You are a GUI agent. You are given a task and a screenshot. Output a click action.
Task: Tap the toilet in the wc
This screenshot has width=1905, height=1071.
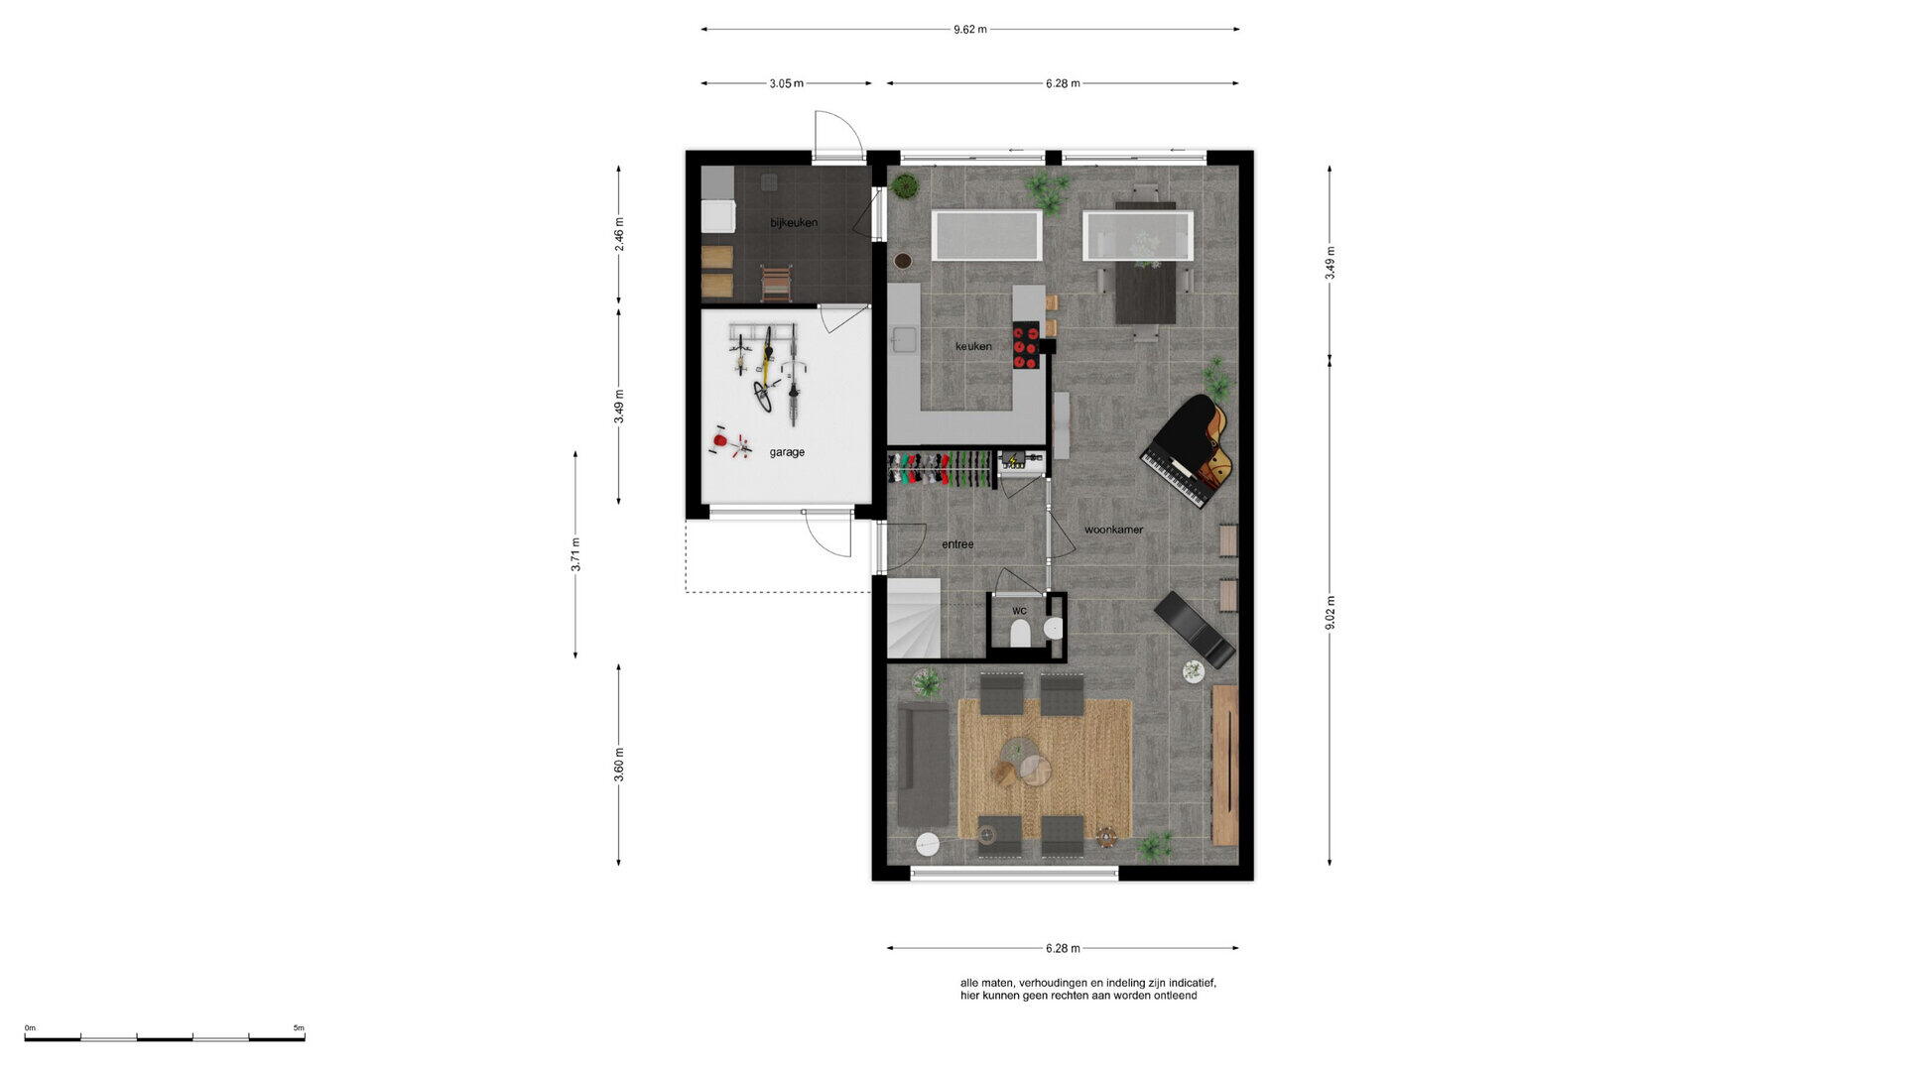point(1019,634)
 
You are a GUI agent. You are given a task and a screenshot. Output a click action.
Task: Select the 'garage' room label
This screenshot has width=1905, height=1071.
point(787,452)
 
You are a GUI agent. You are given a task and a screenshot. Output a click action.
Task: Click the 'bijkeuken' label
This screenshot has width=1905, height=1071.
point(794,223)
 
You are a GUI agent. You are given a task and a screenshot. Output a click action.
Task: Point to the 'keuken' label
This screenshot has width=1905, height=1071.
point(973,346)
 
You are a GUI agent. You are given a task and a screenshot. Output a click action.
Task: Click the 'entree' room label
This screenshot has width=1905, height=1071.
point(957,544)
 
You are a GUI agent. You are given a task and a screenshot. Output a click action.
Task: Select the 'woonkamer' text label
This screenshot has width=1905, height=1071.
point(1113,530)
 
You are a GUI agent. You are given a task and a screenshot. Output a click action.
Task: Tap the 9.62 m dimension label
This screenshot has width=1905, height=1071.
point(970,30)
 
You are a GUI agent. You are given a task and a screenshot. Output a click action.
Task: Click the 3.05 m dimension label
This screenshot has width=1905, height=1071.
point(786,83)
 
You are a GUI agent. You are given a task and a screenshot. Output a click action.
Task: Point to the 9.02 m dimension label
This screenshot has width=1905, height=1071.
point(1331,614)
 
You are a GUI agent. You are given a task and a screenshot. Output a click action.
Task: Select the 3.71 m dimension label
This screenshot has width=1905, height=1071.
point(575,554)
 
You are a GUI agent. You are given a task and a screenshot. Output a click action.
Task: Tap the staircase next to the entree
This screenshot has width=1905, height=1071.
point(914,619)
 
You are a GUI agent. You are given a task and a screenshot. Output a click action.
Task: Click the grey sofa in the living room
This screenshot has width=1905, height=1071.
point(922,765)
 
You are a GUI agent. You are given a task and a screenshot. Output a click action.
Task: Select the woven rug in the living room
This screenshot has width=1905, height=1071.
point(1045,769)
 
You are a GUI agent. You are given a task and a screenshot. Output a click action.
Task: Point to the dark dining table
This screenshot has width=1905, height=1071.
point(1145,264)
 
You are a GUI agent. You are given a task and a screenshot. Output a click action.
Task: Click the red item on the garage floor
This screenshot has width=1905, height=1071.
point(721,440)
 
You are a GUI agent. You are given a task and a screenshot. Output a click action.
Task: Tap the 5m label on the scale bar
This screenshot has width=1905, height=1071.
point(299,1028)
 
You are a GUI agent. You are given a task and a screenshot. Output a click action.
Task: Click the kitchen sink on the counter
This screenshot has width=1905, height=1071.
point(904,339)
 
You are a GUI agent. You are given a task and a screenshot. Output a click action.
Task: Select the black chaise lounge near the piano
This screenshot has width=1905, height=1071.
point(1196,630)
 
